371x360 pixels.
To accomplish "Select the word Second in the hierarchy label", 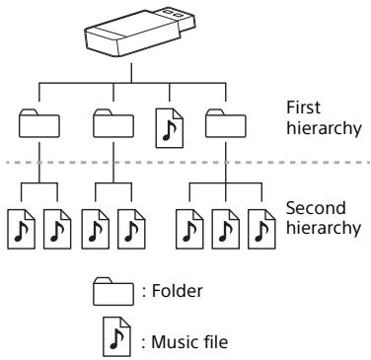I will click(310, 210).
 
